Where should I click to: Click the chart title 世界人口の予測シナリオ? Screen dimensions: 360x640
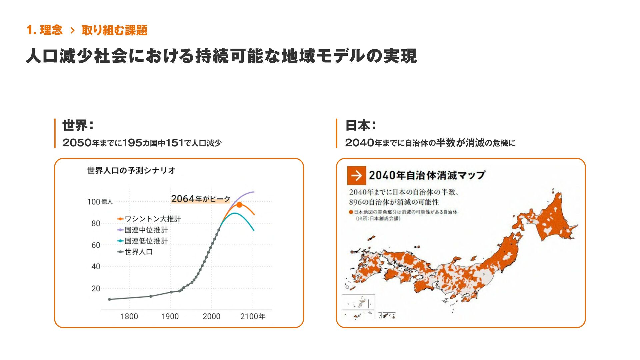tap(131, 170)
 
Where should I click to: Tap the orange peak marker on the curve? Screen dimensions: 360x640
tap(239, 205)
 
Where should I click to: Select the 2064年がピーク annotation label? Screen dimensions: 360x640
tap(201, 199)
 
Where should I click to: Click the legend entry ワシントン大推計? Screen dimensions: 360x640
tap(153, 219)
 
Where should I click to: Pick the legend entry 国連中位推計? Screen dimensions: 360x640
tap(146, 230)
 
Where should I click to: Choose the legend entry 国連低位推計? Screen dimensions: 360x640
tap(146, 241)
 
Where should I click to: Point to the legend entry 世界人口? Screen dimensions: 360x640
tap(139, 252)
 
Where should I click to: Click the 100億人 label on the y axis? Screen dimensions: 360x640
tap(100, 202)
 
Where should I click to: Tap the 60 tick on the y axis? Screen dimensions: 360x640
tap(96, 245)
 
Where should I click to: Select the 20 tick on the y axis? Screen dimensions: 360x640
tap(96, 289)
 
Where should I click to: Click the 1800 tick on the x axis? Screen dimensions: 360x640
tap(129, 316)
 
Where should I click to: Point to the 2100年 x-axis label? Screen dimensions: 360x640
tap(253, 316)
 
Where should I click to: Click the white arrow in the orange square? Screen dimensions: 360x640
tap(356, 175)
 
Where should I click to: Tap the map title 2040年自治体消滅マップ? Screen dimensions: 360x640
tap(427, 175)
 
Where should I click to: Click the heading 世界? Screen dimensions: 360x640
tap(78, 126)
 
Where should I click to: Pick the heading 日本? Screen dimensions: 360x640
tap(361, 126)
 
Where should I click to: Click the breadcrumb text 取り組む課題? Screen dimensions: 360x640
tap(114, 30)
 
